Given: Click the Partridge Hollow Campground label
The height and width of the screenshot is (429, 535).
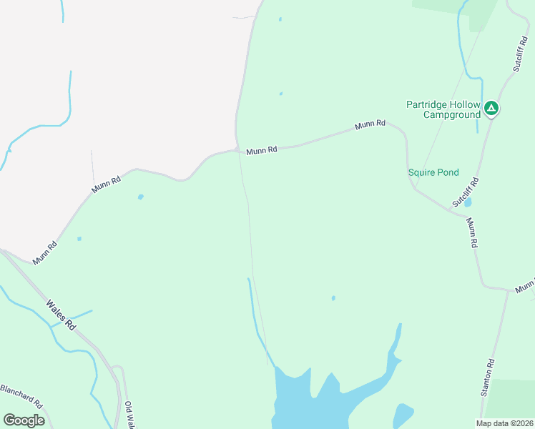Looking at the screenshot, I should (x=443, y=109).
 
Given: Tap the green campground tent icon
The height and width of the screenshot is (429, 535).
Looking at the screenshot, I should (x=491, y=109).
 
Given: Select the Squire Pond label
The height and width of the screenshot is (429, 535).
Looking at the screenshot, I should (x=433, y=172).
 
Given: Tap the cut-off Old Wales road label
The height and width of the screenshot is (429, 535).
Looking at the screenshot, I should (x=129, y=415).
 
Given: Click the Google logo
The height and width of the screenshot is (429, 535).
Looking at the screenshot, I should (x=24, y=420).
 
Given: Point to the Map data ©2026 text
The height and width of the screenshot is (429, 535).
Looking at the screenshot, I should (x=504, y=423).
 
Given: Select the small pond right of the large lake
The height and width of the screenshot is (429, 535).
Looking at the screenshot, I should (x=403, y=415).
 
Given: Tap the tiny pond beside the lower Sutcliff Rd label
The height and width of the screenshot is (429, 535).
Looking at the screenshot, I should (x=468, y=202).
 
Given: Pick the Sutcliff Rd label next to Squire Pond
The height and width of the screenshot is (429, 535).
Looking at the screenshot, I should (x=465, y=193).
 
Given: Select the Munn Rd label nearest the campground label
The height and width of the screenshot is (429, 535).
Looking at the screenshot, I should (x=370, y=124).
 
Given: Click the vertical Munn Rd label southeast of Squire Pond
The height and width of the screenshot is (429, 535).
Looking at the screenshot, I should (x=472, y=233).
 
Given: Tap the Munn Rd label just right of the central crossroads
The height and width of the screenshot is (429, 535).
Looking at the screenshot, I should (x=261, y=151).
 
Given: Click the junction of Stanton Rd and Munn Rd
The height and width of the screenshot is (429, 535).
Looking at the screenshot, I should (x=509, y=291).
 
